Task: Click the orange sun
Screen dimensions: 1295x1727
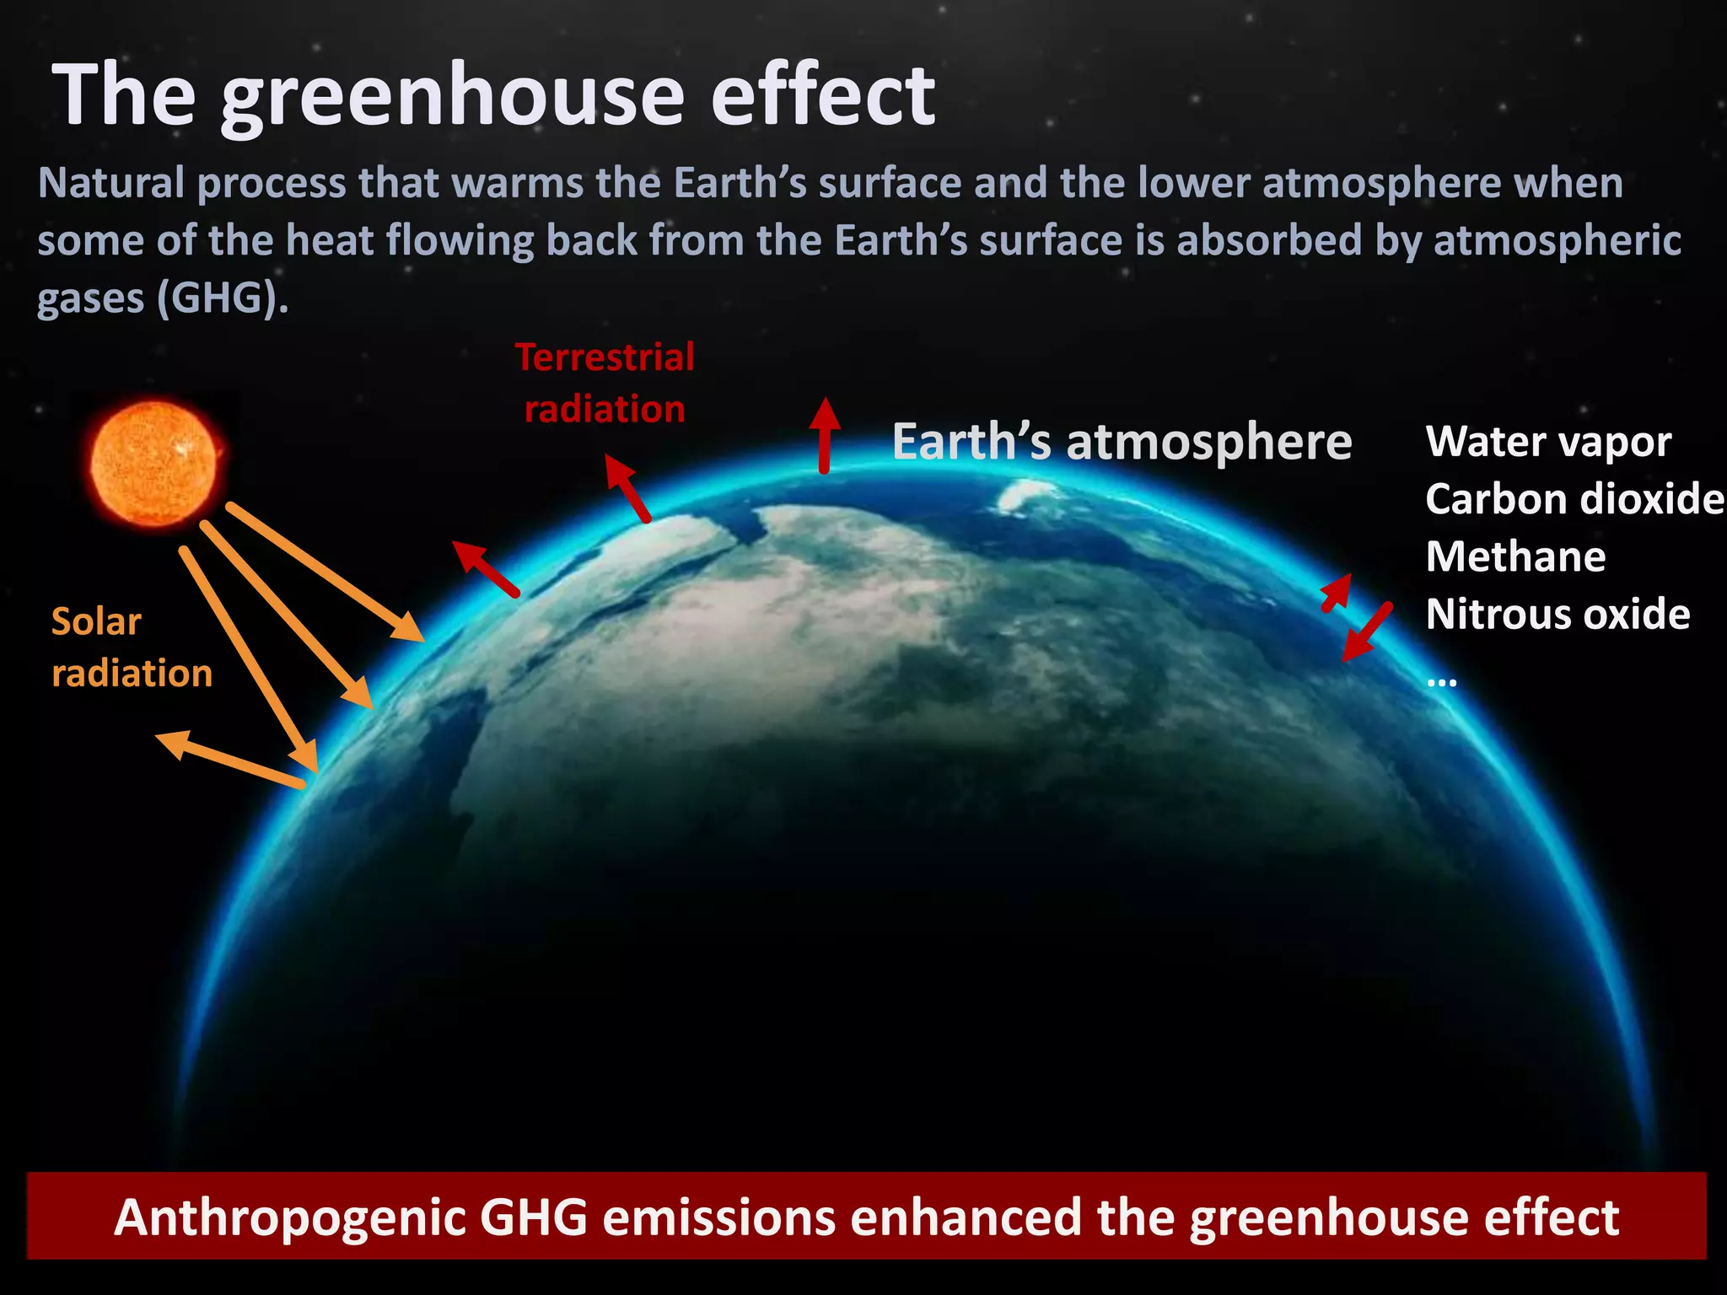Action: tap(153, 463)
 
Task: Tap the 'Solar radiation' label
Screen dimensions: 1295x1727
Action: tap(132, 647)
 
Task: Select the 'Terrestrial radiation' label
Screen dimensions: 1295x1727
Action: tap(605, 383)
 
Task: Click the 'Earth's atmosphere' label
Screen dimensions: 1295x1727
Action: tap(1122, 442)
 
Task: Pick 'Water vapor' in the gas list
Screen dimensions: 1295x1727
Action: tap(1548, 442)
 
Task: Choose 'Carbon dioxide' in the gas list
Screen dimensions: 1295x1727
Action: tap(1574, 499)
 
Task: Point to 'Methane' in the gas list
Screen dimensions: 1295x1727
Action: tap(1515, 556)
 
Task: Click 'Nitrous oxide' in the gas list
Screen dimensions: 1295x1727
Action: tap(1558, 614)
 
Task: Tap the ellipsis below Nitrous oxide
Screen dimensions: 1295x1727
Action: tap(1442, 681)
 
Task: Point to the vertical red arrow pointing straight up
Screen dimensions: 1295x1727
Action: tap(825, 434)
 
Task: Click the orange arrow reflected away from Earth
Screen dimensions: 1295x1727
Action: tap(229, 759)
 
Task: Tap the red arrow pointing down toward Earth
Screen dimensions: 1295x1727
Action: tap(1366, 632)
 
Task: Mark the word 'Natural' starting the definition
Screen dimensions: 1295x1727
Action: tap(110, 183)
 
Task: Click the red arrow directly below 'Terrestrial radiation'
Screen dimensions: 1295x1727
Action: tap(628, 489)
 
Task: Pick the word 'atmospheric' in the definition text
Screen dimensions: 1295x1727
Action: tap(1557, 240)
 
